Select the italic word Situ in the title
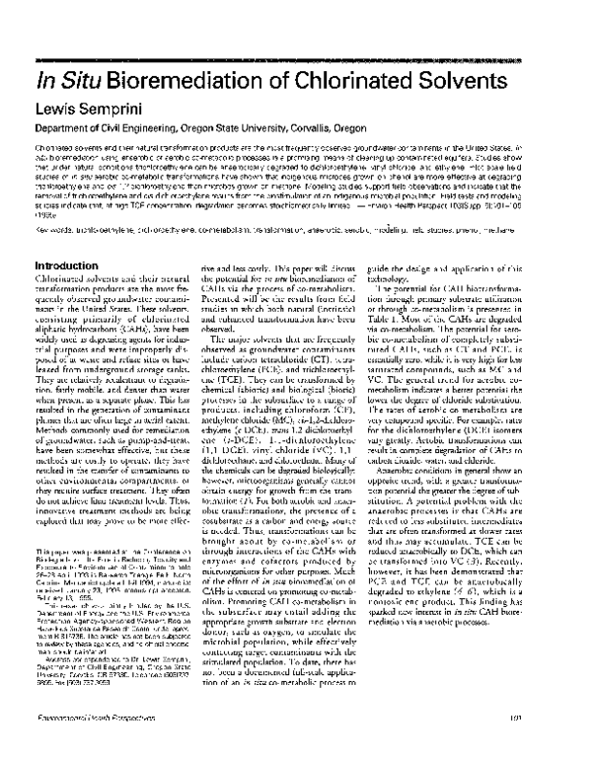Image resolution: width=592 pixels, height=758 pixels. [x=77, y=81]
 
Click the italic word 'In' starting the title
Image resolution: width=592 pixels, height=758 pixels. [x=44, y=81]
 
